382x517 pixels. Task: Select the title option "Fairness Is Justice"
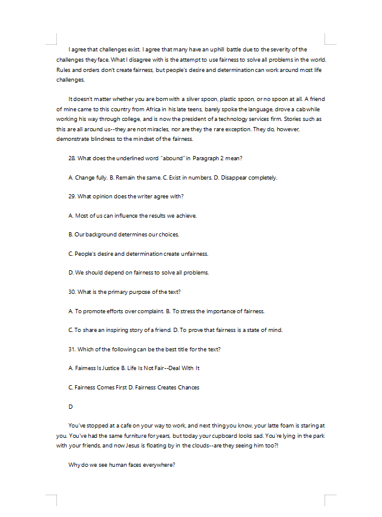(x=97, y=368)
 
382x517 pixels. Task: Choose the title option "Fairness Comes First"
(x=100, y=387)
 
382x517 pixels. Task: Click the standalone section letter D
(x=70, y=406)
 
